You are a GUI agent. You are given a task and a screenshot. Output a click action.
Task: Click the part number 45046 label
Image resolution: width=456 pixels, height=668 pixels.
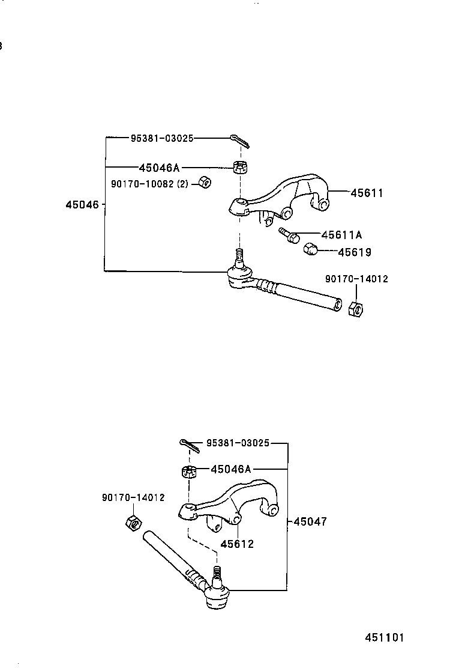coord(82,205)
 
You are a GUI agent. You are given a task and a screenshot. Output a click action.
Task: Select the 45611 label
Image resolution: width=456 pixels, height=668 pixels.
coord(367,193)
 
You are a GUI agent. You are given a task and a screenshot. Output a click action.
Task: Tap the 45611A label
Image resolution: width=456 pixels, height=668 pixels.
coord(341,235)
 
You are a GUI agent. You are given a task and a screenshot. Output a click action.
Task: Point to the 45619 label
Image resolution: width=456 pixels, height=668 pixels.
coord(354,252)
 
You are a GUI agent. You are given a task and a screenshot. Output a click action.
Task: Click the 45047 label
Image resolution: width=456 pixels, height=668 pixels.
coord(310,521)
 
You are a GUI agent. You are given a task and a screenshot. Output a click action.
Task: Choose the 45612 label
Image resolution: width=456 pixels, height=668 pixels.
coord(237,544)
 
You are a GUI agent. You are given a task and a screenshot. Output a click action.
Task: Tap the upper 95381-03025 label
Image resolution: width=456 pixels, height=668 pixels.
coord(162,138)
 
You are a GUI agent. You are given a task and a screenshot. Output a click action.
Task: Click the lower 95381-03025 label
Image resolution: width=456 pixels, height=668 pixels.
coord(238,443)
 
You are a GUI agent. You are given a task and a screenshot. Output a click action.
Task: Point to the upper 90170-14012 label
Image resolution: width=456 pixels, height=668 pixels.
coord(356,279)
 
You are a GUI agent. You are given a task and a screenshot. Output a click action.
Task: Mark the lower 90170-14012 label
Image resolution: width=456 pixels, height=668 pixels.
coord(133,497)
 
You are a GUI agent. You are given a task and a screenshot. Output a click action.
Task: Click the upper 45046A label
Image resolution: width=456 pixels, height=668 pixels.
coord(159,168)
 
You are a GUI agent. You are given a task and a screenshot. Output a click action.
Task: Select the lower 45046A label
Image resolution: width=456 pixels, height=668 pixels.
coord(231,469)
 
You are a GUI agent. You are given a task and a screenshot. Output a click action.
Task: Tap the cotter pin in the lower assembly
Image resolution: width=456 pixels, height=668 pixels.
coord(189,445)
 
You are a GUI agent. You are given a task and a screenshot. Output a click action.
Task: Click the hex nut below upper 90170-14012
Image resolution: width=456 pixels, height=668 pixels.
coord(356,309)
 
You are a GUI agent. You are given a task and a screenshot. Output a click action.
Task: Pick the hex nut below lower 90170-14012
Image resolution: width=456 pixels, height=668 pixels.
coord(134,523)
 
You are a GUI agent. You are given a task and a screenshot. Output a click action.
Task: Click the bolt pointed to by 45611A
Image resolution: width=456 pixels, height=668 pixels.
coord(289,235)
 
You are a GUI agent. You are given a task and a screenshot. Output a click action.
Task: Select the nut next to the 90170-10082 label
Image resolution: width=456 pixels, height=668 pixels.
coord(203,181)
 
